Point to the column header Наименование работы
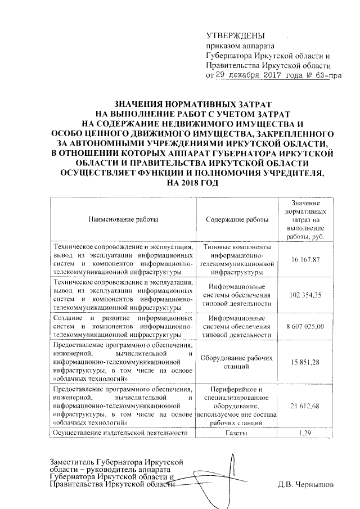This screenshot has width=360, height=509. pos(122,219)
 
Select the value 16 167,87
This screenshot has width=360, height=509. pos(306,259)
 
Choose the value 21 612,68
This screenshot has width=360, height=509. pos(306,406)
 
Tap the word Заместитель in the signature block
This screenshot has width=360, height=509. pos(71,462)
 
